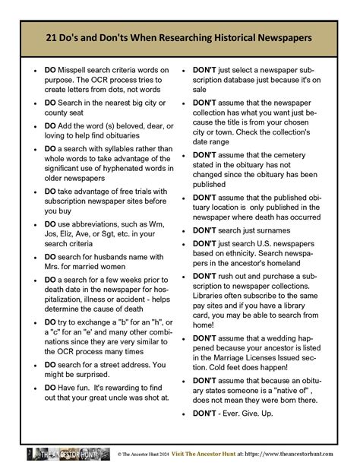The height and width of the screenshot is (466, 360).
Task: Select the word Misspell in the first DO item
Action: coord(76,70)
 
